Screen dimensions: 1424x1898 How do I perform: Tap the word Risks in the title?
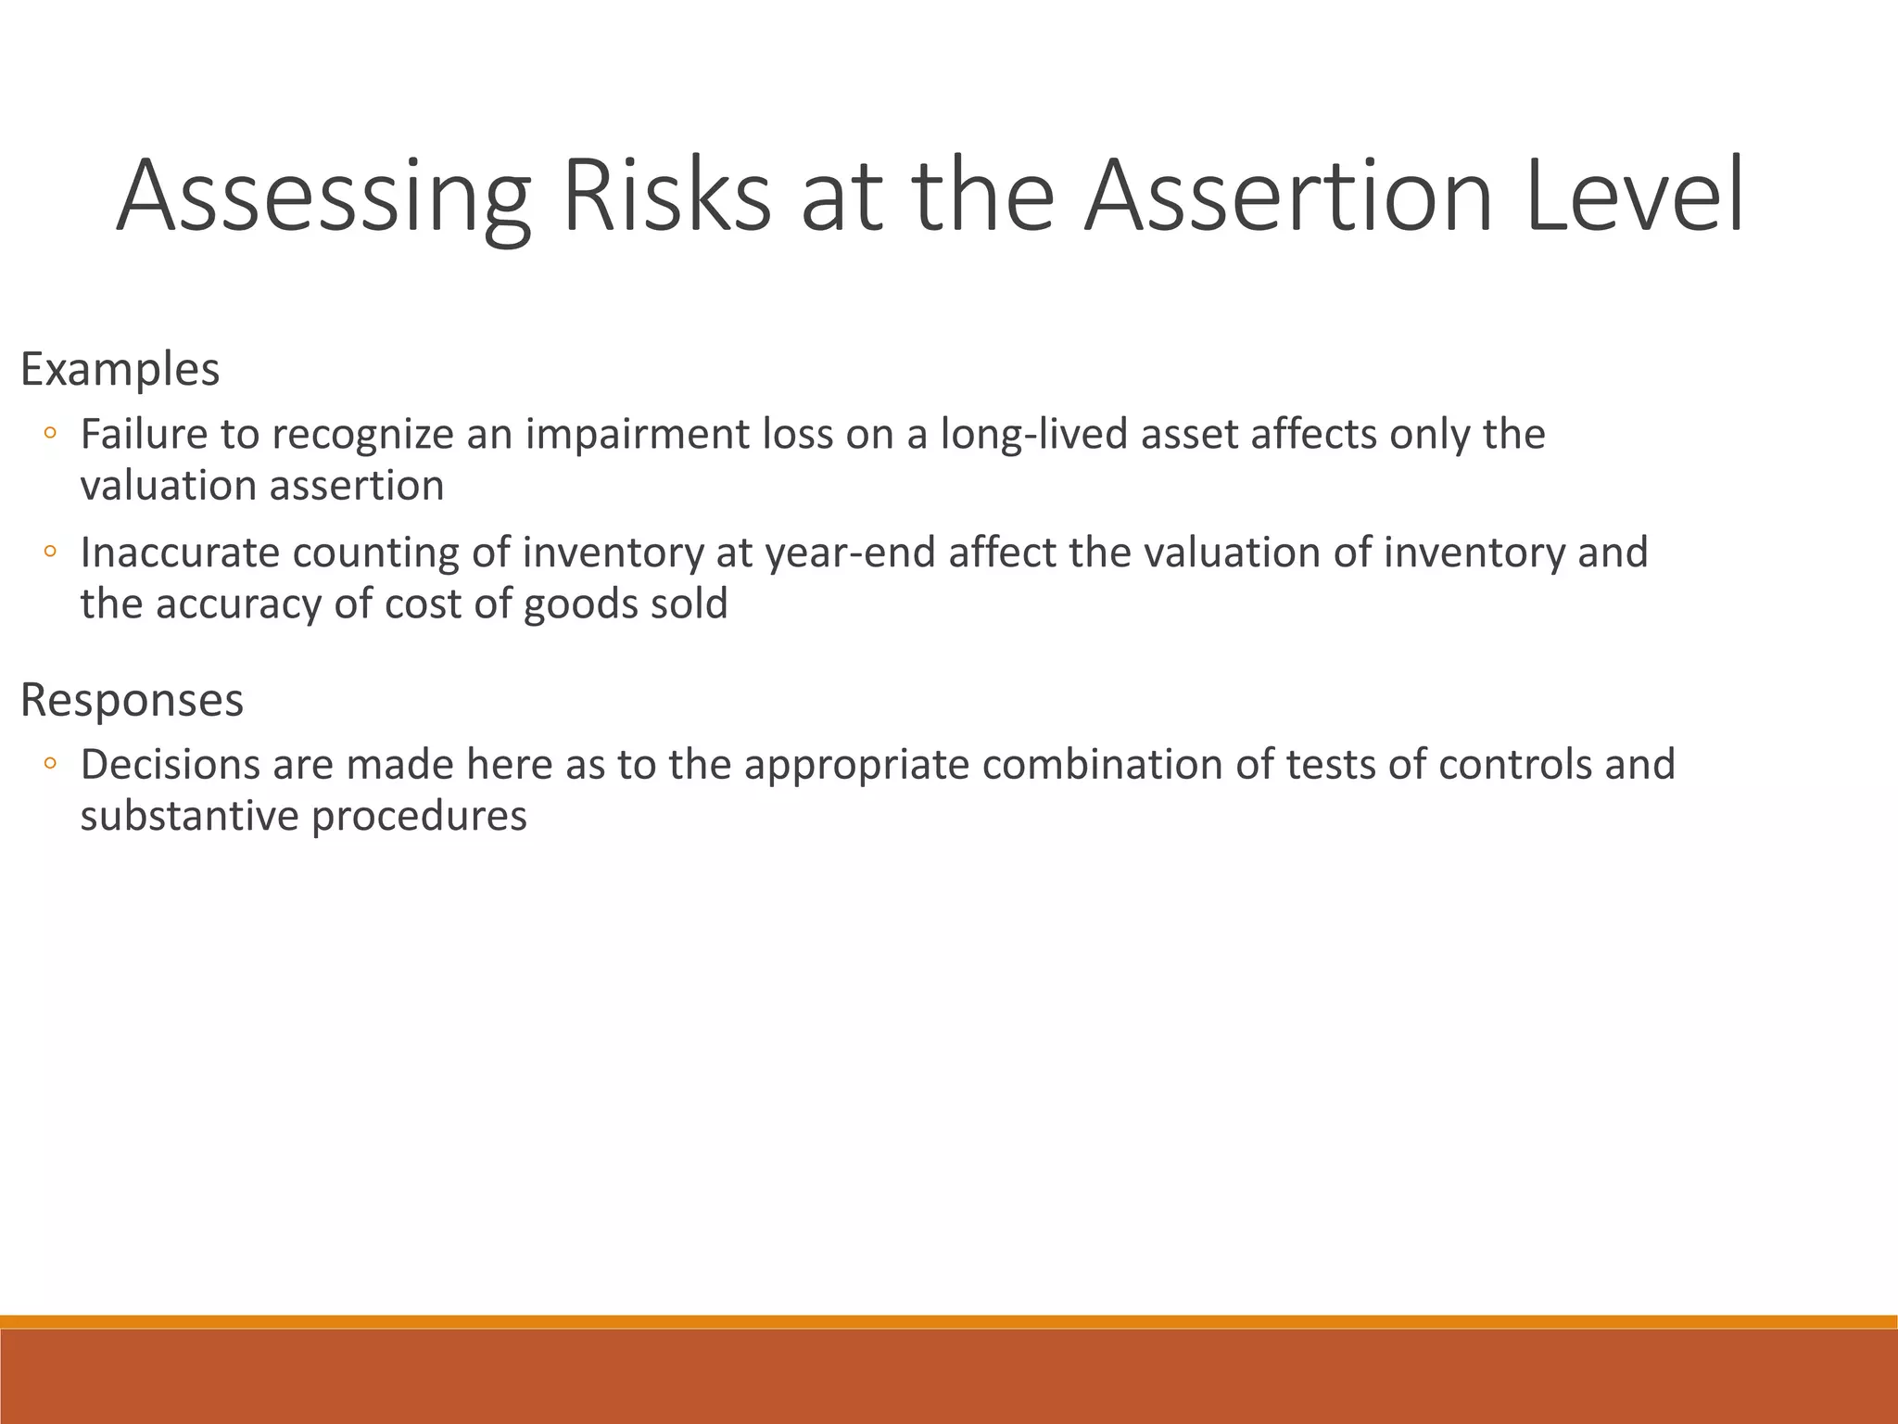[665, 197]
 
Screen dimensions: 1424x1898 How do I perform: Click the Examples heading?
[120, 369]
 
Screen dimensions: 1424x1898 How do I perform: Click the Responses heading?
[132, 699]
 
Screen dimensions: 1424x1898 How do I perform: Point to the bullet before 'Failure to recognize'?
[51, 433]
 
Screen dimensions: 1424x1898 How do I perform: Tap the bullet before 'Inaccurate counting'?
[51, 553]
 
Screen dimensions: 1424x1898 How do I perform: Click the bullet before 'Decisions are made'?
[51, 764]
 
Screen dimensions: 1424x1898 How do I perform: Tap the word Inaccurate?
[180, 553]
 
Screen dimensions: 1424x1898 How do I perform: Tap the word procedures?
[419, 817]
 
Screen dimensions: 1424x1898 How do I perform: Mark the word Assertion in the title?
[1288, 197]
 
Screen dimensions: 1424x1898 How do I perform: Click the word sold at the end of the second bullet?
[689, 604]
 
